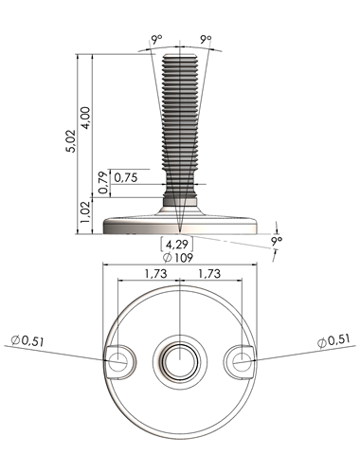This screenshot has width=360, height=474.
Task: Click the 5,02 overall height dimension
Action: point(71,141)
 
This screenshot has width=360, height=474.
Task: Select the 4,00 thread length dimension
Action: point(86,118)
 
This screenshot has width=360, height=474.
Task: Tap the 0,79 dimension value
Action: point(103,183)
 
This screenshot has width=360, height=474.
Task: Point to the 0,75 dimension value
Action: point(126,177)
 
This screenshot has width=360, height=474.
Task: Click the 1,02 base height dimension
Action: point(85,212)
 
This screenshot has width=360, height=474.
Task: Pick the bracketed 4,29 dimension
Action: point(177,245)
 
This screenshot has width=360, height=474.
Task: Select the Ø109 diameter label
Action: point(178,258)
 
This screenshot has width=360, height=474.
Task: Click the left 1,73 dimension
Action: point(155,273)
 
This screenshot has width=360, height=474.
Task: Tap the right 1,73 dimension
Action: point(209,273)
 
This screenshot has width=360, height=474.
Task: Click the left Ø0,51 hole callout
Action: point(27,341)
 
